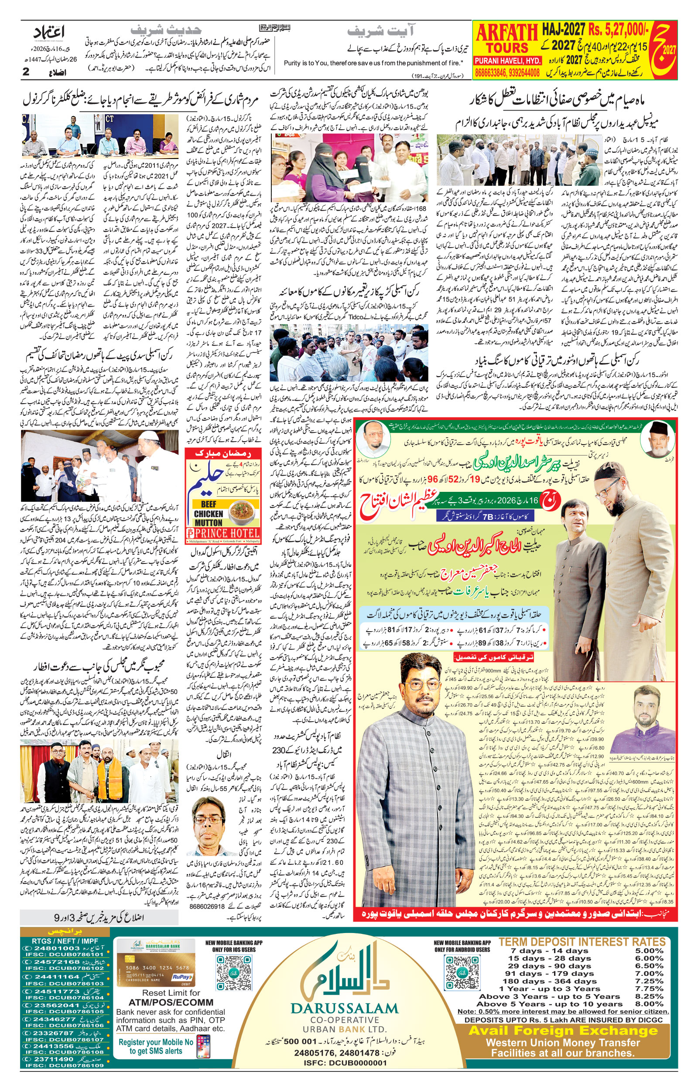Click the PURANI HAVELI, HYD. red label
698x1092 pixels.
[507, 60]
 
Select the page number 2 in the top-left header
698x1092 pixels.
[26, 72]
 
